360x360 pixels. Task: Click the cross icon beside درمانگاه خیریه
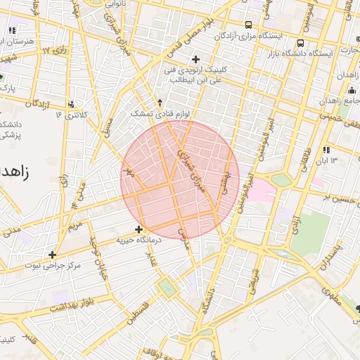point(139,229)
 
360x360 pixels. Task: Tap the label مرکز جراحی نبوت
point(53,266)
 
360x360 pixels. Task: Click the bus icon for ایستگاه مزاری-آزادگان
point(249,23)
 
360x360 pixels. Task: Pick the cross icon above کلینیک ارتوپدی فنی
point(195,59)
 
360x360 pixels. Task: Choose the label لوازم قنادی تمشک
point(151,113)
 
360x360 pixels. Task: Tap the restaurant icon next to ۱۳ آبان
point(326,150)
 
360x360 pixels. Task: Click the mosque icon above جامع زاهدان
point(351,89)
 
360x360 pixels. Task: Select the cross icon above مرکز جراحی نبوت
point(52,255)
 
